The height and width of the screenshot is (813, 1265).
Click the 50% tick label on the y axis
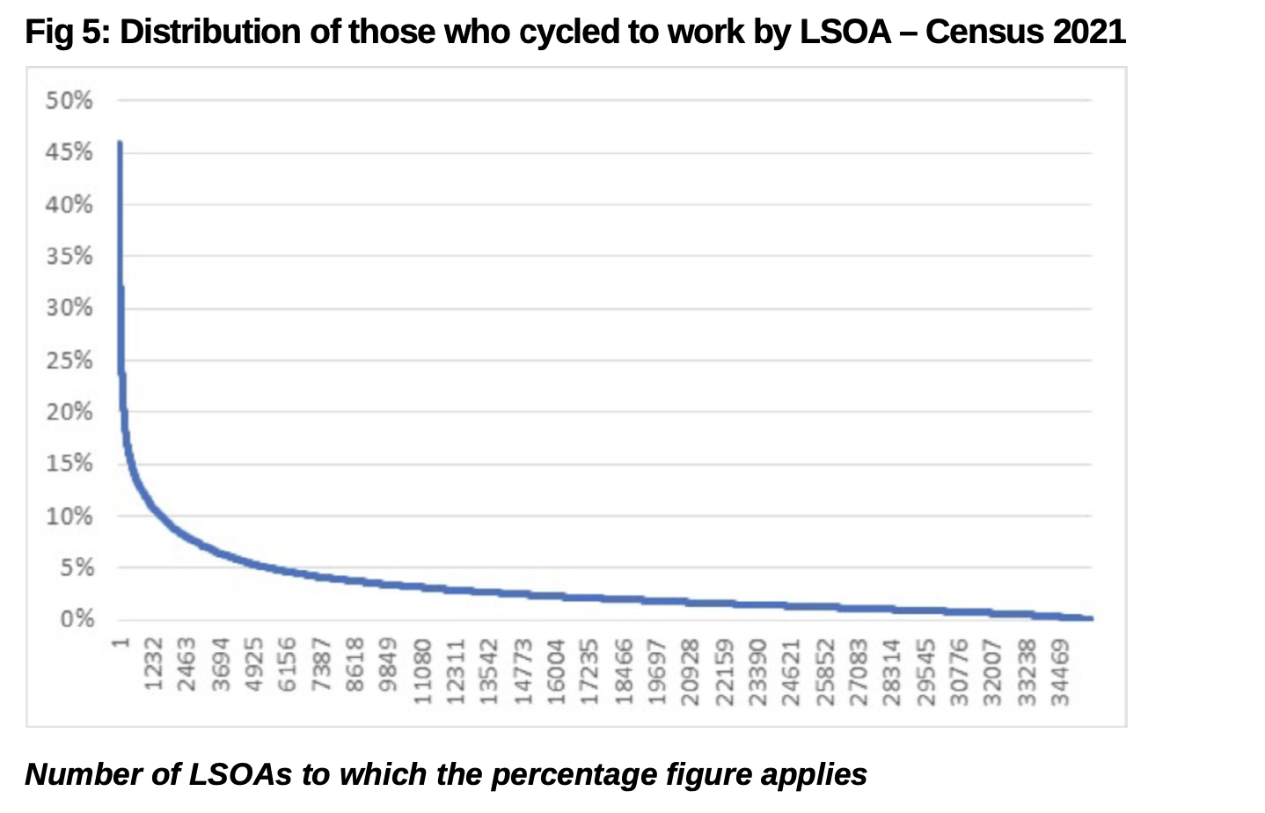click(69, 100)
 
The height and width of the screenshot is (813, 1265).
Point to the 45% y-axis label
click(69, 152)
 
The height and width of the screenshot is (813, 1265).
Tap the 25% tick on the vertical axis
click(69, 360)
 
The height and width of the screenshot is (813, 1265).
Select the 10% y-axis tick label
click(69, 516)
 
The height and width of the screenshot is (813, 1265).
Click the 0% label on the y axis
click(77, 619)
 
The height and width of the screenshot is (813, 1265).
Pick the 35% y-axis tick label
click(69, 256)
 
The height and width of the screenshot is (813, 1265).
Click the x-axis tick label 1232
click(154, 668)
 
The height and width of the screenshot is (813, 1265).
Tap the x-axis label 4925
click(254, 668)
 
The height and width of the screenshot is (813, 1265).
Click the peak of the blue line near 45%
click(120, 143)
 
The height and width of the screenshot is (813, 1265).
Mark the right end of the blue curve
click(1091, 619)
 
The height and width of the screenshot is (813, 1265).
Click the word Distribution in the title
click(230, 33)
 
